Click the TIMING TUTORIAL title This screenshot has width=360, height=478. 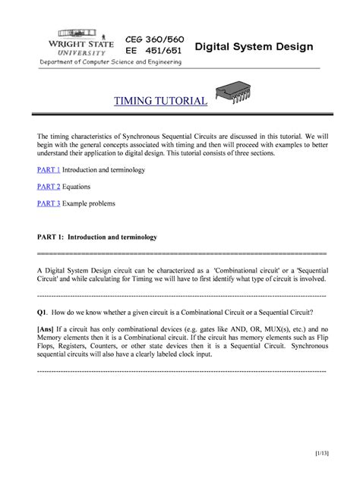pyautogui.click(x=160, y=100)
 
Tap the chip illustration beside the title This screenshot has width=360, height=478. pyautogui.click(x=235, y=91)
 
